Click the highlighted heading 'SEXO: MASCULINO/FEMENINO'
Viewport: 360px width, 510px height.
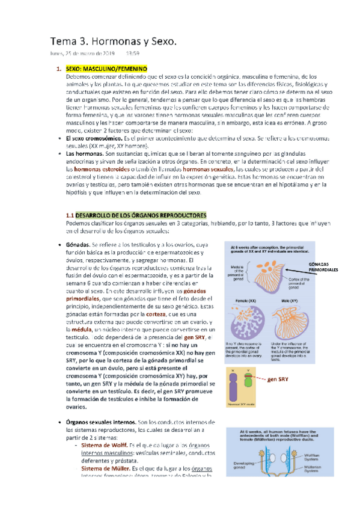111,69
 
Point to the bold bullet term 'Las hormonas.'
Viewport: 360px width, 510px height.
85,155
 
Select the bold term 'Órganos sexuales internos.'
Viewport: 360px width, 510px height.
100,424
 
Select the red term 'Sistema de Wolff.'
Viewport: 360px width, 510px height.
105,445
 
